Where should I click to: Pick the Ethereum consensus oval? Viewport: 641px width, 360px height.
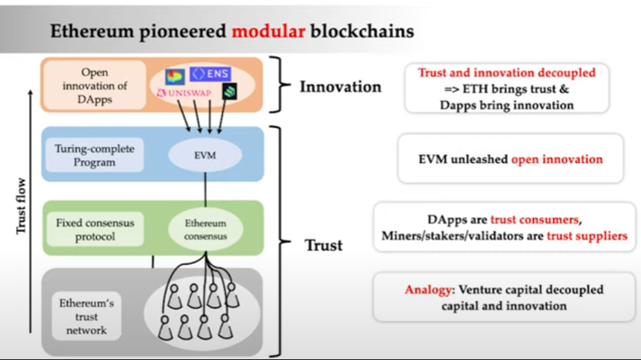(206, 230)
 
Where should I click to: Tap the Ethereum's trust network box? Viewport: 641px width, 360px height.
(87, 316)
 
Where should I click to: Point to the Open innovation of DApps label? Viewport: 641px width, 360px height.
(95, 85)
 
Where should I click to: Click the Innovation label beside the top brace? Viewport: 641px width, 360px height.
(340, 87)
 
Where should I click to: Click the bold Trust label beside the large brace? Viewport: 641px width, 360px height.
(323, 245)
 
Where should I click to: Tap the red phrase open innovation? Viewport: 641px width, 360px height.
(557, 159)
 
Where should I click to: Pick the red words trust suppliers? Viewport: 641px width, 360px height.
(587, 236)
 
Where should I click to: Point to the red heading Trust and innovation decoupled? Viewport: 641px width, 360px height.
(507, 72)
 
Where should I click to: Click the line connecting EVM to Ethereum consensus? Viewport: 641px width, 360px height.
(206, 189)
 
